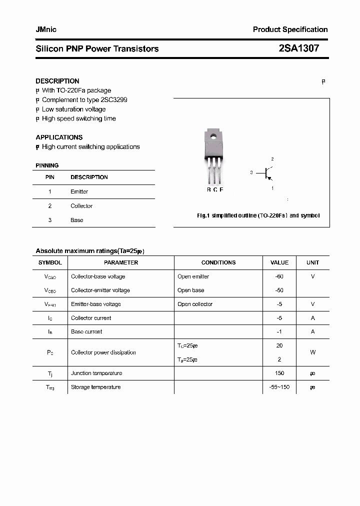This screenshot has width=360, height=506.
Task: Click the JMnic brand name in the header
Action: [46, 29]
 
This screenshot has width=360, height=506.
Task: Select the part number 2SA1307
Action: [298, 48]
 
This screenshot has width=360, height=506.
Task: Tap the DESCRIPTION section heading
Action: [57, 81]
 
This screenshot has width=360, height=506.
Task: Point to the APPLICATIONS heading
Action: [59, 137]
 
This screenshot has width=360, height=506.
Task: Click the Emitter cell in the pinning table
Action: [79, 191]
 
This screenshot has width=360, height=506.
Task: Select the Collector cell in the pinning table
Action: [81, 206]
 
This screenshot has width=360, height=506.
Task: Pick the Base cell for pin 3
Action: [77, 220]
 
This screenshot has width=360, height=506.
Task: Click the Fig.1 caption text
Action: [258, 215]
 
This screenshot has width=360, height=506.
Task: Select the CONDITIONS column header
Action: [218, 262]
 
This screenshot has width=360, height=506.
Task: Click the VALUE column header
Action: [279, 262]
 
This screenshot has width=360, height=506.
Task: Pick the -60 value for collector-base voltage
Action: [279, 276]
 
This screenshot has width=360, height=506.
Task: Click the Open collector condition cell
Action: [195, 304]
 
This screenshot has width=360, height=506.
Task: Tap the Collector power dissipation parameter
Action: [103, 352]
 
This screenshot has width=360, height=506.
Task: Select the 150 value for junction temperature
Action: [279, 373]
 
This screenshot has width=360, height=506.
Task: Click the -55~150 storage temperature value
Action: [279, 387]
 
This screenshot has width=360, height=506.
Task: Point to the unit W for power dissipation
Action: [312, 352]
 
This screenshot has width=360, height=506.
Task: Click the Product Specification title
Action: [290, 29]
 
